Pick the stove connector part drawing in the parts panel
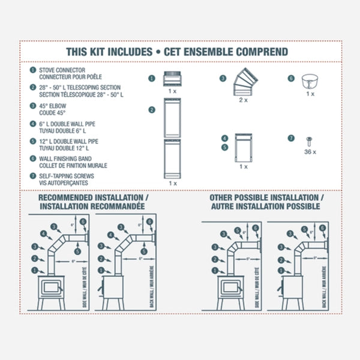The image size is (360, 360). (x=172, y=79)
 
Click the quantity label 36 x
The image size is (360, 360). (x=310, y=152)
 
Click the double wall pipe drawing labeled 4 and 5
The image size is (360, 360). (x=243, y=147)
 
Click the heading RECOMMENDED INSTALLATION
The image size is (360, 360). (x=94, y=197)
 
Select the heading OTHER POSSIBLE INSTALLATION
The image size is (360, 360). (x=266, y=197)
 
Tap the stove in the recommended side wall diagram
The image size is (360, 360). (x=52, y=287)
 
